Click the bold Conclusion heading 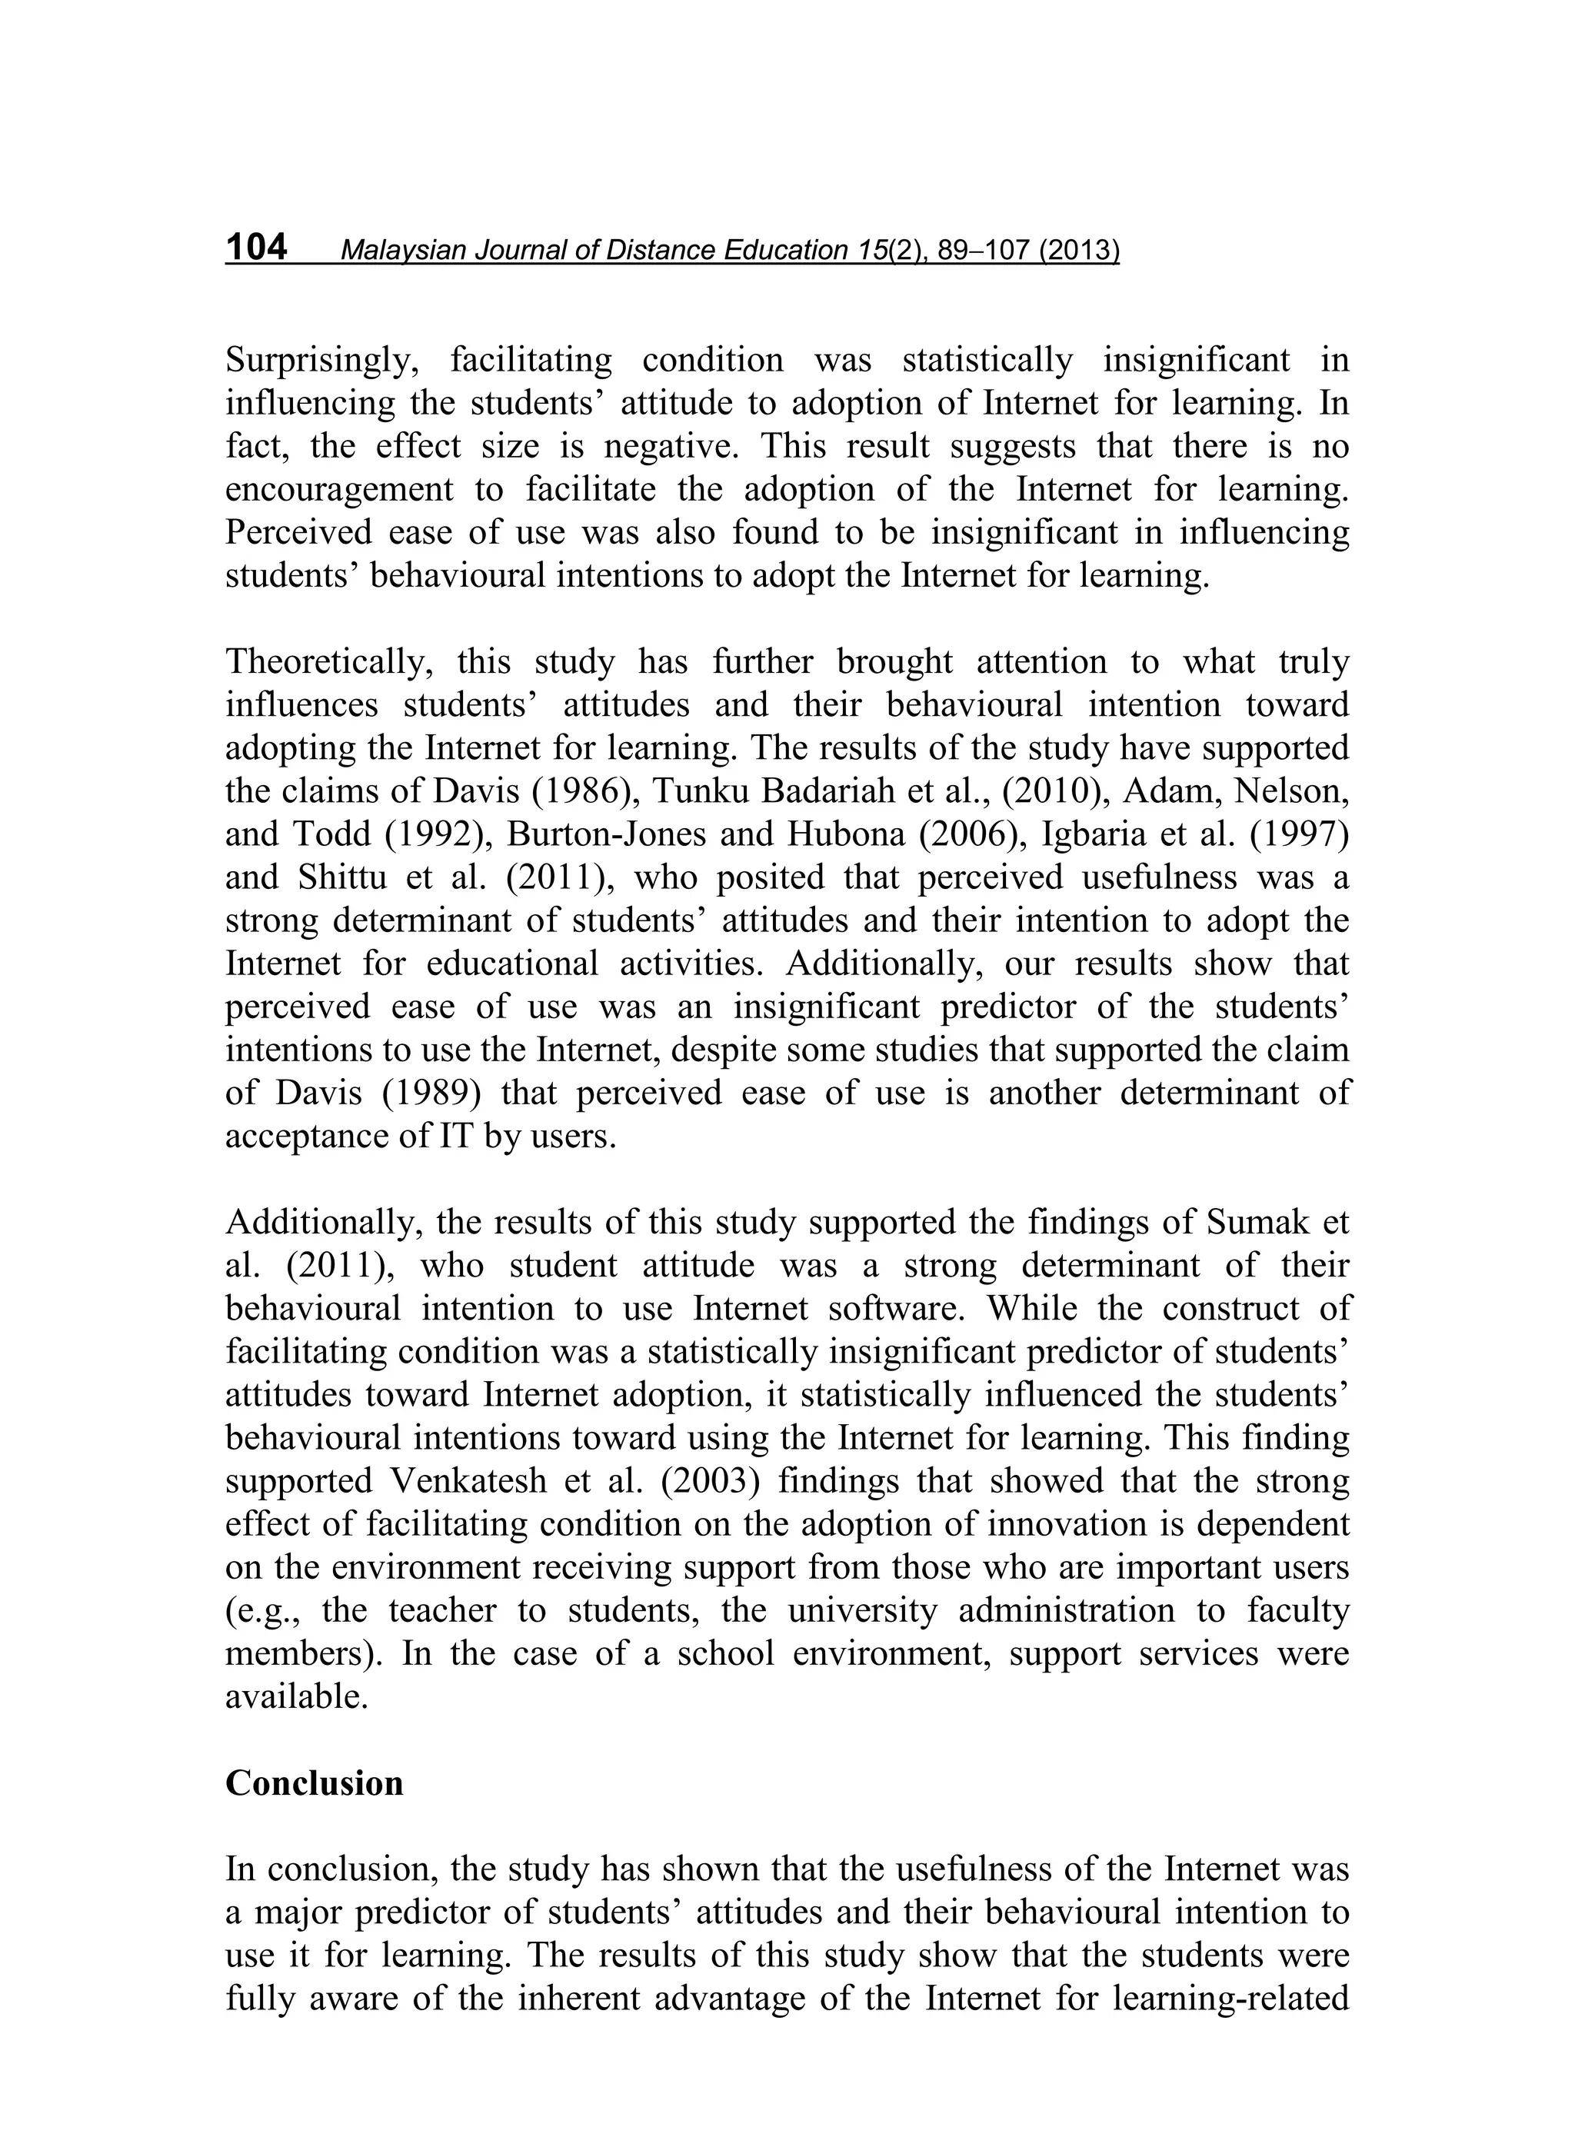coord(314,1783)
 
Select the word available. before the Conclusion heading coord(297,1696)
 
